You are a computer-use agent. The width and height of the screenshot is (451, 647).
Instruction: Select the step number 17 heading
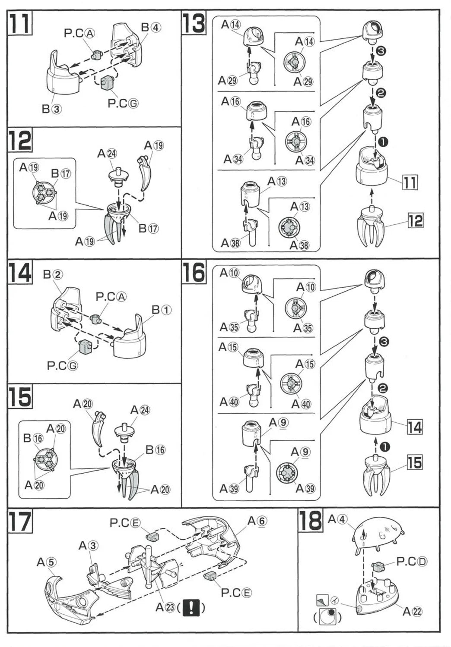[x=20, y=521]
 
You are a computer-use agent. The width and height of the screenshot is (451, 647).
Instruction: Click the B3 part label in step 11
[x=52, y=109]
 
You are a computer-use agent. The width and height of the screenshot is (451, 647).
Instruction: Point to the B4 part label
[x=151, y=28]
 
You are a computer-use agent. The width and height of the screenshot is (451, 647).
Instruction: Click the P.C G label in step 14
[x=63, y=366]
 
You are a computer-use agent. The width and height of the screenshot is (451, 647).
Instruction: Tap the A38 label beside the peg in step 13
[x=230, y=243]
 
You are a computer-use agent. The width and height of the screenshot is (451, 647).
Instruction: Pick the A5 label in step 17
[x=46, y=562]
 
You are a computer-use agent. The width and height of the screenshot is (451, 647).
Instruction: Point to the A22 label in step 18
[x=413, y=611]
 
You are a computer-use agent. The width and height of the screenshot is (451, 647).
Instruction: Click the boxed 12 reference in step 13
[x=415, y=221]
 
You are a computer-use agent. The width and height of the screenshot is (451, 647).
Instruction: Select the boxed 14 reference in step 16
[x=414, y=427]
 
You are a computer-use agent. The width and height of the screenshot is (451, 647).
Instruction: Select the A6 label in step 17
[x=257, y=521]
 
